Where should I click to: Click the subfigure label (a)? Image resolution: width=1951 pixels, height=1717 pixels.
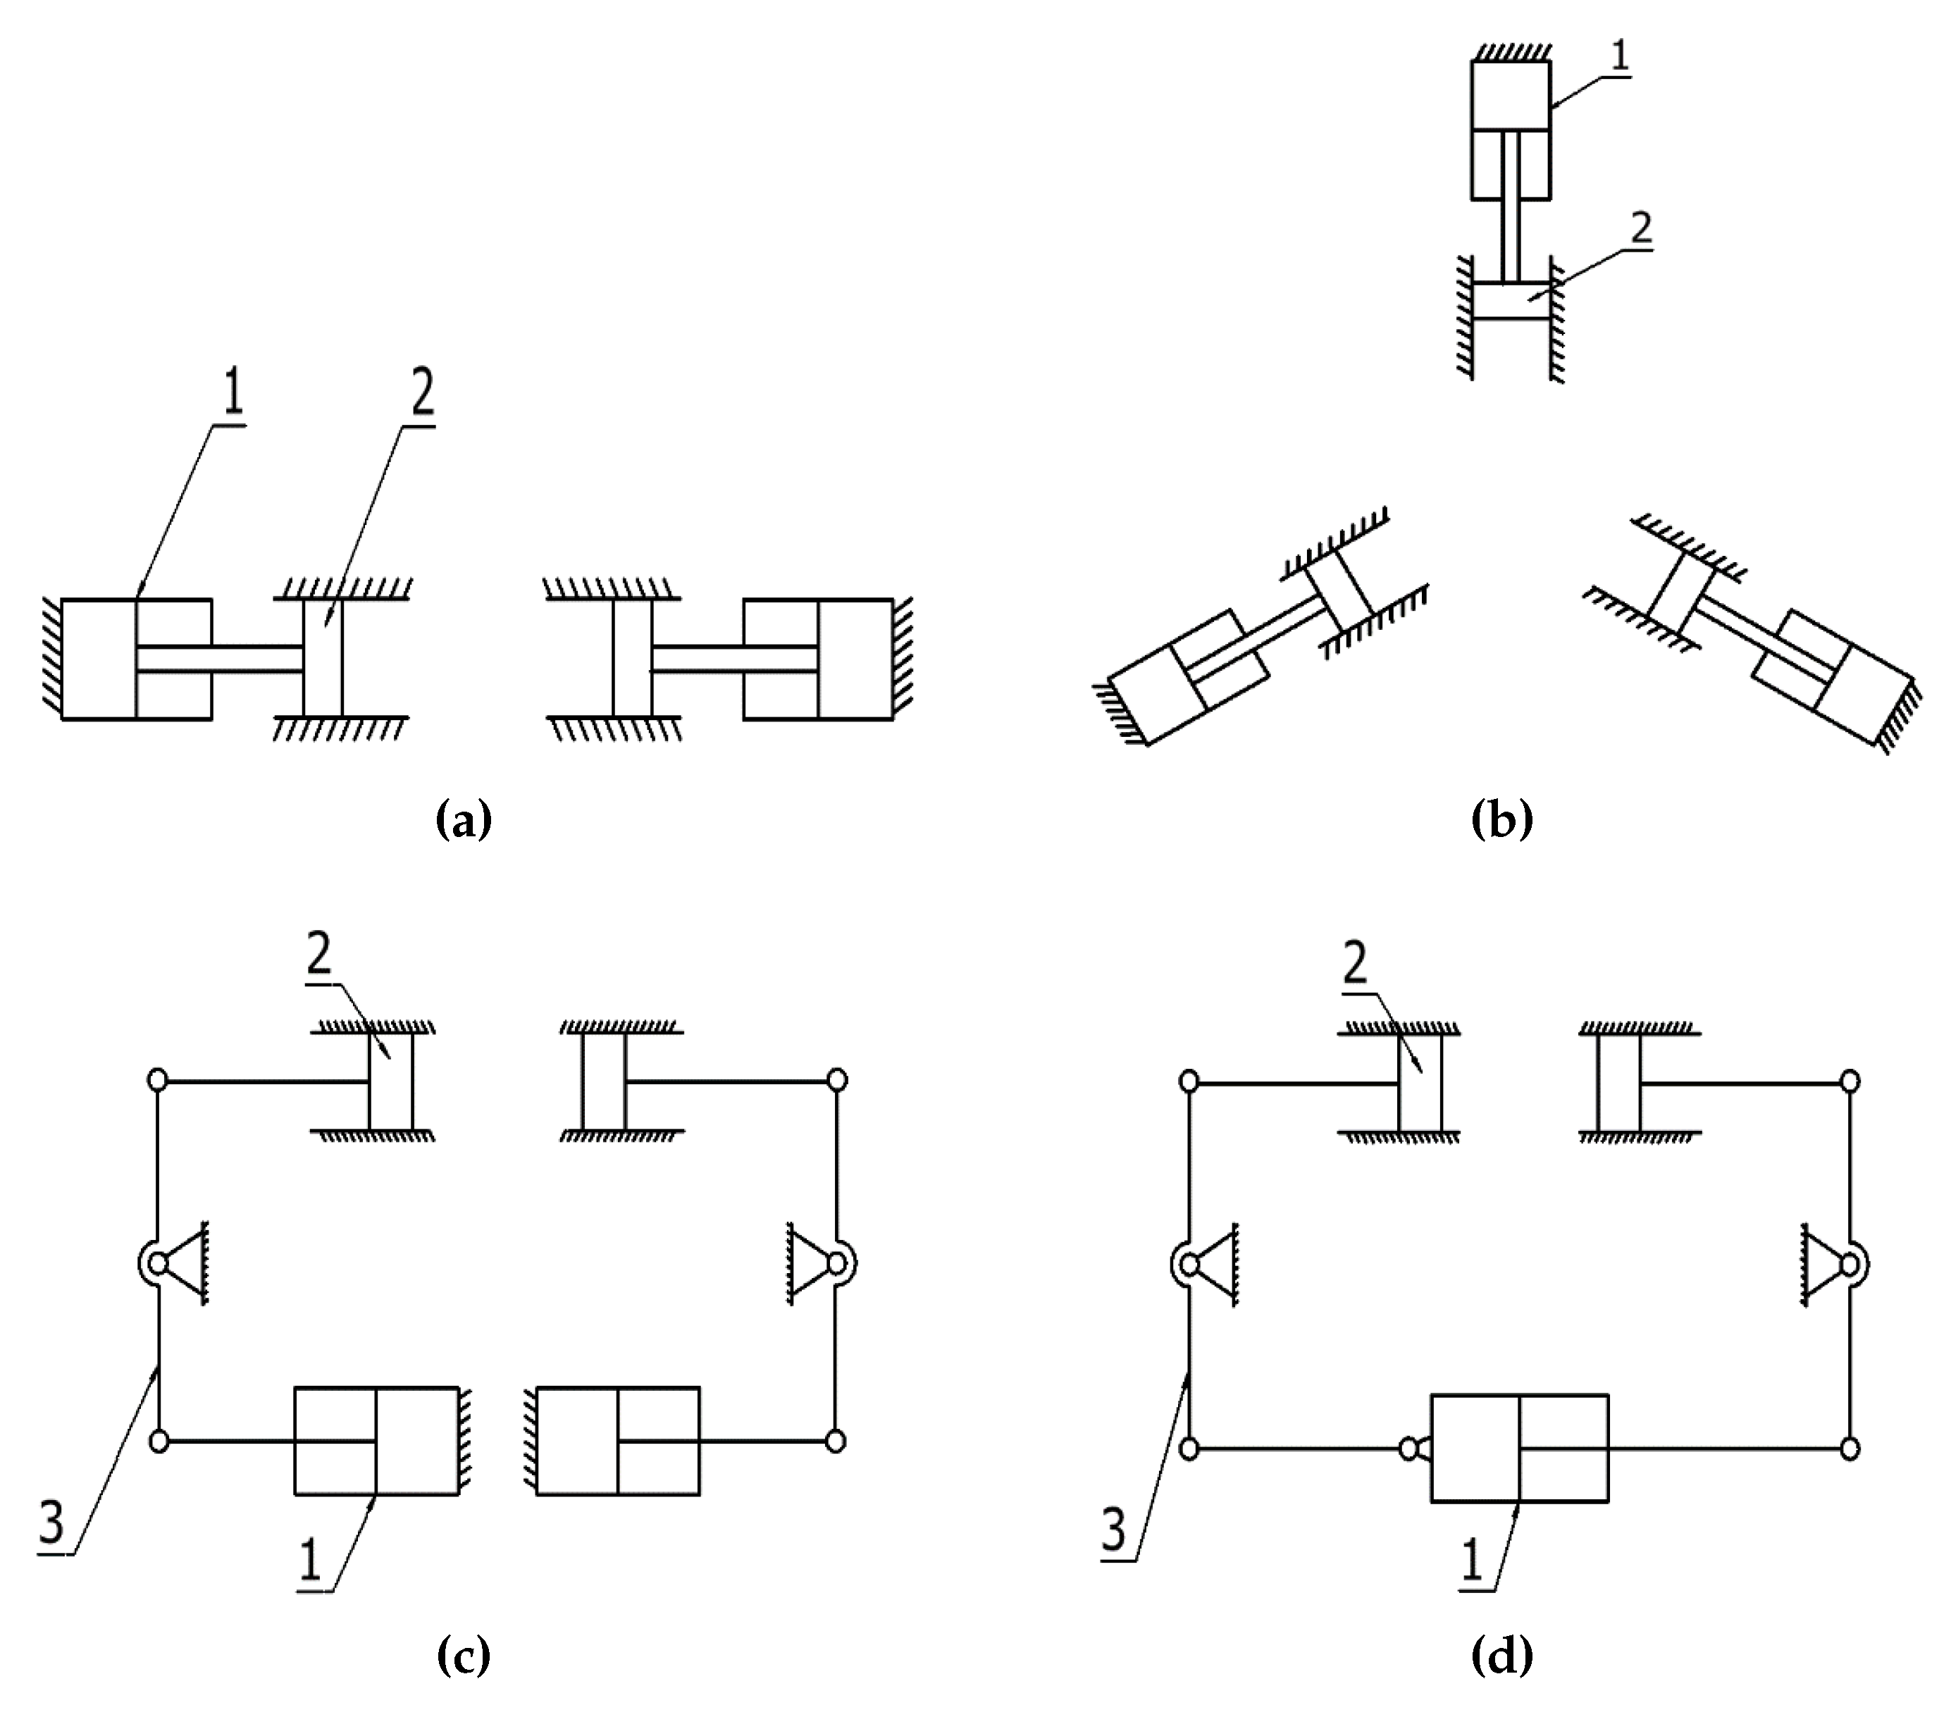pyautogui.click(x=464, y=820)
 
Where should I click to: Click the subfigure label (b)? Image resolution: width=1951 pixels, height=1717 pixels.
pyautogui.click(x=1501, y=820)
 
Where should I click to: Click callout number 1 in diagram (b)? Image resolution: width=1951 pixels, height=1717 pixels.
pyautogui.click(x=1620, y=56)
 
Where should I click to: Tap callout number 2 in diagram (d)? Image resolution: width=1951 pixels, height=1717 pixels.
pyautogui.click(x=1354, y=967)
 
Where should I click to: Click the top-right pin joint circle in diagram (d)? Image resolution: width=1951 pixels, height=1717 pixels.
pyautogui.click(x=1850, y=1081)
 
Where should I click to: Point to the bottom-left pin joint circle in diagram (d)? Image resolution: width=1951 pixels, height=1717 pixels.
pyautogui.click(x=1189, y=1449)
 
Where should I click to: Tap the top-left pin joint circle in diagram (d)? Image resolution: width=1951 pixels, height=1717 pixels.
pyautogui.click(x=1189, y=1082)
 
